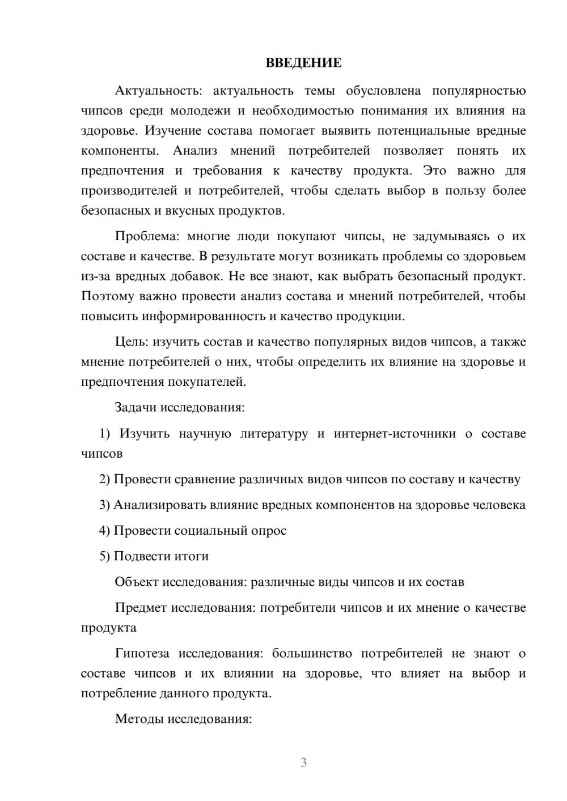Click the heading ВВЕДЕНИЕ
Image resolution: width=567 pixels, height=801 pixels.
[x=304, y=63]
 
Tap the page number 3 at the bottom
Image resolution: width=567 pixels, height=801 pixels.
[x=303, y=762]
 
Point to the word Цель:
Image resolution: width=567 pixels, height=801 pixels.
[x=132, y=342]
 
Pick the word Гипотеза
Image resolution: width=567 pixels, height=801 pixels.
[x=142, y=653]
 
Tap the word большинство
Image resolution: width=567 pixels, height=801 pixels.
[x=311, y=653]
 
